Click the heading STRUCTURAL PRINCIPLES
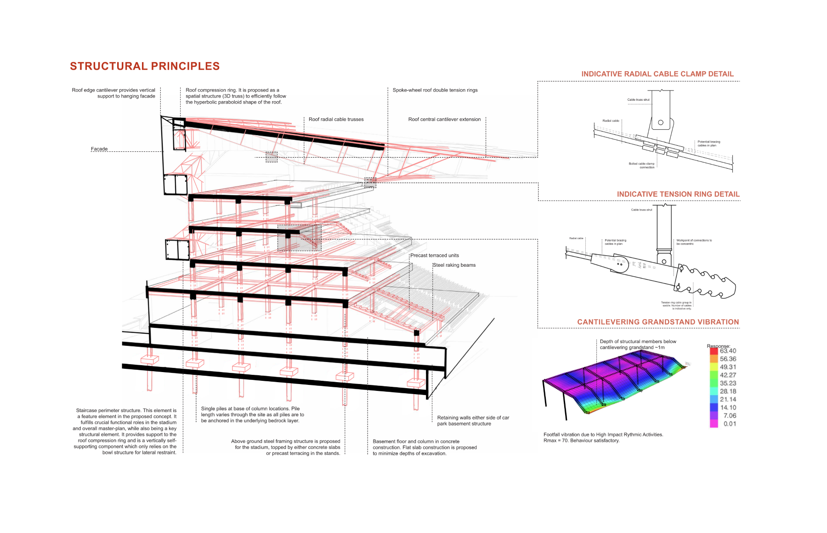click(145, 66)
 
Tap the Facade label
click(99, 149)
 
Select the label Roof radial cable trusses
click(336, 120)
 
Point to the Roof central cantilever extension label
click(444, 120)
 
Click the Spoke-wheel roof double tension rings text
click(435, 90)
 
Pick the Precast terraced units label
click(435, 256)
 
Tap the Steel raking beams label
click(454, 265)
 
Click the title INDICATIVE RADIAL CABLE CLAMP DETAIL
click(657, 74)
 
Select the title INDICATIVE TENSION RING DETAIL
click(678, 195)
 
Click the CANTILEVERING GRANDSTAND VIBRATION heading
click(658, 322)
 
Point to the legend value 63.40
click(728, 351)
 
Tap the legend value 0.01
click(730, 424)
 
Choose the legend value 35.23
click(728, 384)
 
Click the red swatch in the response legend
click(714, 351)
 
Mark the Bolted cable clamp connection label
click(642, 166)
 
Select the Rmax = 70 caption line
click(581, 441)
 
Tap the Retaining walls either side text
click(473, 418)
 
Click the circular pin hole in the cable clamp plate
click(661, 122)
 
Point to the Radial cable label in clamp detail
click(611, 121)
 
